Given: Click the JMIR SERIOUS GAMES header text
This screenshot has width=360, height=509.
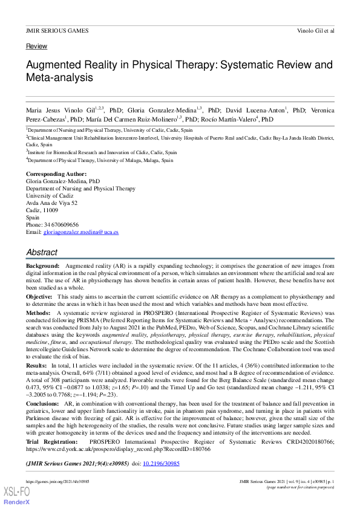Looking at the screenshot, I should click(57, 30).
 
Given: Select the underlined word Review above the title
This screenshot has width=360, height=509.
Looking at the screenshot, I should click(36, 47).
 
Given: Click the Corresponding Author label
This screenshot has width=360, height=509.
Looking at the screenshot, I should click(56, 174).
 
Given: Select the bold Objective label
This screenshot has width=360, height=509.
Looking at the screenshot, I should click(39, 297).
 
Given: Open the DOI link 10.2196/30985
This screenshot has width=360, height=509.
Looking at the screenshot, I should click(161, 464).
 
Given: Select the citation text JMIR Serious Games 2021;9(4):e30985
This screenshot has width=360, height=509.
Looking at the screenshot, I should click(77, 464).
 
